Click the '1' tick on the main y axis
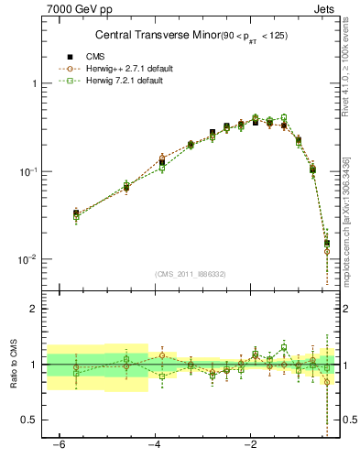(35, 83)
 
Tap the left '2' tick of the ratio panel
(35, 309)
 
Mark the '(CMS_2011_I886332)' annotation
(192, 274)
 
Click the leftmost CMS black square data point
(76, 213)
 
